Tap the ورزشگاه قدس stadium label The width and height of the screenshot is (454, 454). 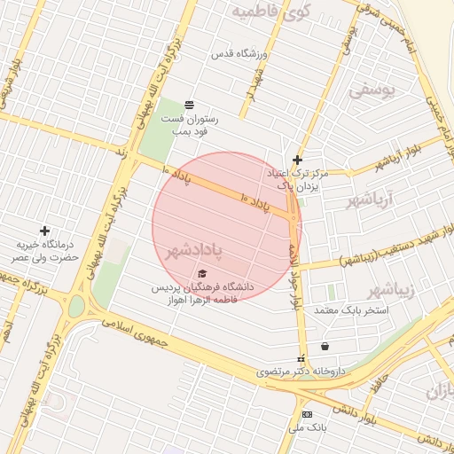pyautogui.click(x=239, y=54)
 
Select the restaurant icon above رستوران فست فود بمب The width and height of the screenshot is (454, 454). pyautogui.click(x=189, y=105)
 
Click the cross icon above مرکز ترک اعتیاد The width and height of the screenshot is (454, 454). pyautogui.click(x=297, y=160)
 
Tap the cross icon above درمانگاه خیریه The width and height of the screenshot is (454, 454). pyautogui.click(x=44, y=231)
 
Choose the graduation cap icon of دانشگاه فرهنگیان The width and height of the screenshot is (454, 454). pyautogui.click(x=202, y=274)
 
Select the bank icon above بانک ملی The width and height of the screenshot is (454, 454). pyautogui.click(x=307, y=414)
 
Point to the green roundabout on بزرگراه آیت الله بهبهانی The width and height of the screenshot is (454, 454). pyautogui.click(x=77, y=307)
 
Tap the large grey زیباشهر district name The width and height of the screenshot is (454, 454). pyautogui.click(x=391, y=290)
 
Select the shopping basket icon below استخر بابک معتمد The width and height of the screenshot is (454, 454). pyautogui.click(x=325, y=347)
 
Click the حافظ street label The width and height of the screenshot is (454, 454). pyautogui.click(x=380, y=383)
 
